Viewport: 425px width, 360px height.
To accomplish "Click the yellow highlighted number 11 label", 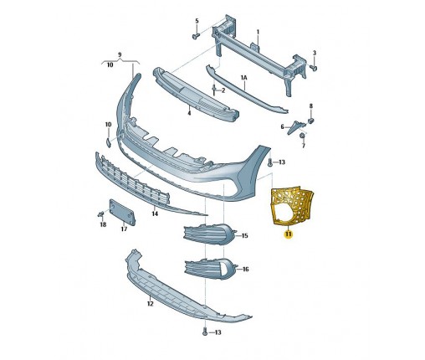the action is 288,234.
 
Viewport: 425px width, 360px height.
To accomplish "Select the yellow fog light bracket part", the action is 291,206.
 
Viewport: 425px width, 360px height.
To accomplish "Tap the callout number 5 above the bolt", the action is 197,21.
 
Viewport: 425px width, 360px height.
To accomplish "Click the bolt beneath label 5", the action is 197,36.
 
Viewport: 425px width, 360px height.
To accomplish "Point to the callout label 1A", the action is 244,78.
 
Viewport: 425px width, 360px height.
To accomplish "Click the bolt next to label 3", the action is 314,68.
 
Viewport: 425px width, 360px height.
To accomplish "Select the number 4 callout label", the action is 189,113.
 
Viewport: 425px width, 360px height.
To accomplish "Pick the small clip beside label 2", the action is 214,90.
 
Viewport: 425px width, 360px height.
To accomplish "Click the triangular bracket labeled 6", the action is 296,126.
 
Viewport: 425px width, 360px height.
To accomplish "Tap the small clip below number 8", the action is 310,121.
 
